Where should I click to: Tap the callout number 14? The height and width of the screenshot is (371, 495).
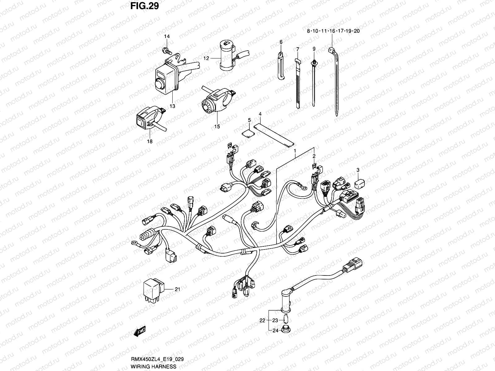(167, 36)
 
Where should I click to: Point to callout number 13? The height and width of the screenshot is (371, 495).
(172, 106)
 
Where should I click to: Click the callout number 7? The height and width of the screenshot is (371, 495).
(297, 49)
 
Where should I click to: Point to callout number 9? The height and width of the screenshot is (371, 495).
(314, 49)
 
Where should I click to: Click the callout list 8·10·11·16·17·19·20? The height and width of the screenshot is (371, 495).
(333, 31)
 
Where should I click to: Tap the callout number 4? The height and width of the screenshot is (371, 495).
(260, 114)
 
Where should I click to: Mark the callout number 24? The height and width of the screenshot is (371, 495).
(275, 330)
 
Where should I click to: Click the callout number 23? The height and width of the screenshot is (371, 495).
(275, 321)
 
